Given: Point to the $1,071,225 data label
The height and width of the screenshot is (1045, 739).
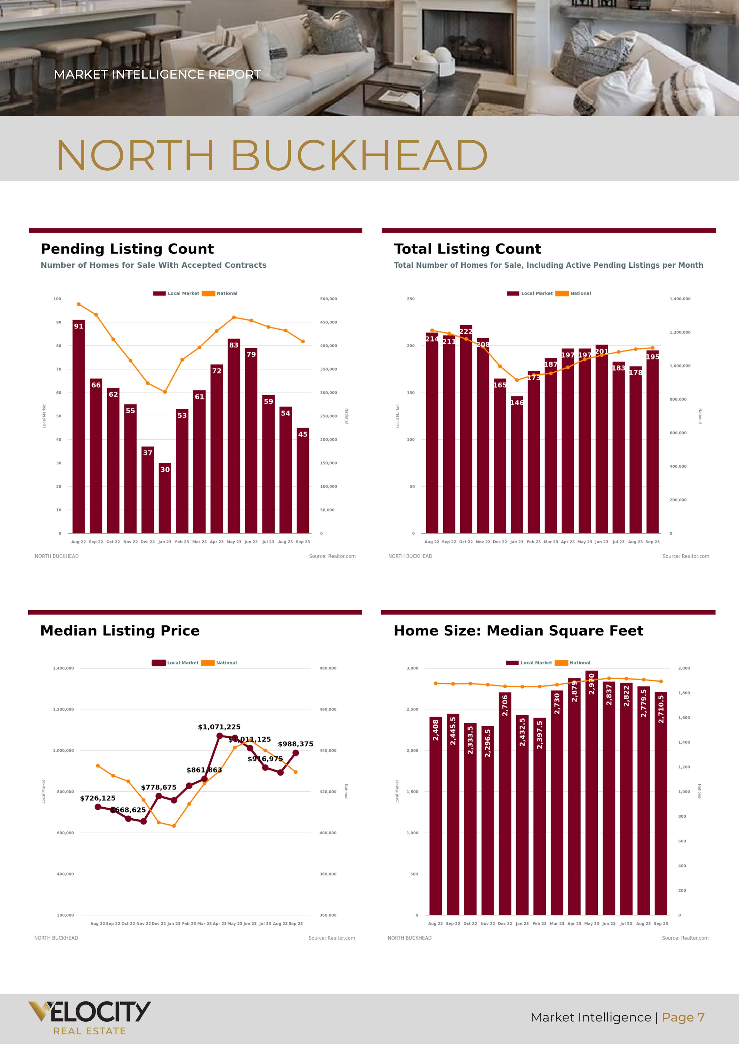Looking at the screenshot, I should click(x=219, y=727).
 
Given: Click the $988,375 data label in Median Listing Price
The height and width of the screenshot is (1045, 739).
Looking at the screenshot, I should click(x=295, y=744).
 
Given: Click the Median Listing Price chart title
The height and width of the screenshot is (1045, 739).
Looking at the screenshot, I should click(x=120, y=630).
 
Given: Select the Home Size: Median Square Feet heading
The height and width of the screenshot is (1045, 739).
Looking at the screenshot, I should click(x=518, y=630).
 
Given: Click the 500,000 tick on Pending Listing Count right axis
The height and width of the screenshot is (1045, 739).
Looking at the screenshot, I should click(x=328, y=299).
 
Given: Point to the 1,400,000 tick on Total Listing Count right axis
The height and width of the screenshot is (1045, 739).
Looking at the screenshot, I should click(x=680, y=299).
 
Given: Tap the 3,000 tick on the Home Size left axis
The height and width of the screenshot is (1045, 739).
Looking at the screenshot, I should click(x=412, y=668).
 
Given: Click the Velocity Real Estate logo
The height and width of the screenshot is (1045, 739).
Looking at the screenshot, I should click(x=89, y=1018).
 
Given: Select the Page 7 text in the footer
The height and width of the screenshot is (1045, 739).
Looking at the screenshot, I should click(x=683, y=1017).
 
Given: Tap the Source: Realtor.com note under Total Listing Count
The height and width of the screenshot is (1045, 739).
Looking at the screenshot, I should click(x=685, y=556).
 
